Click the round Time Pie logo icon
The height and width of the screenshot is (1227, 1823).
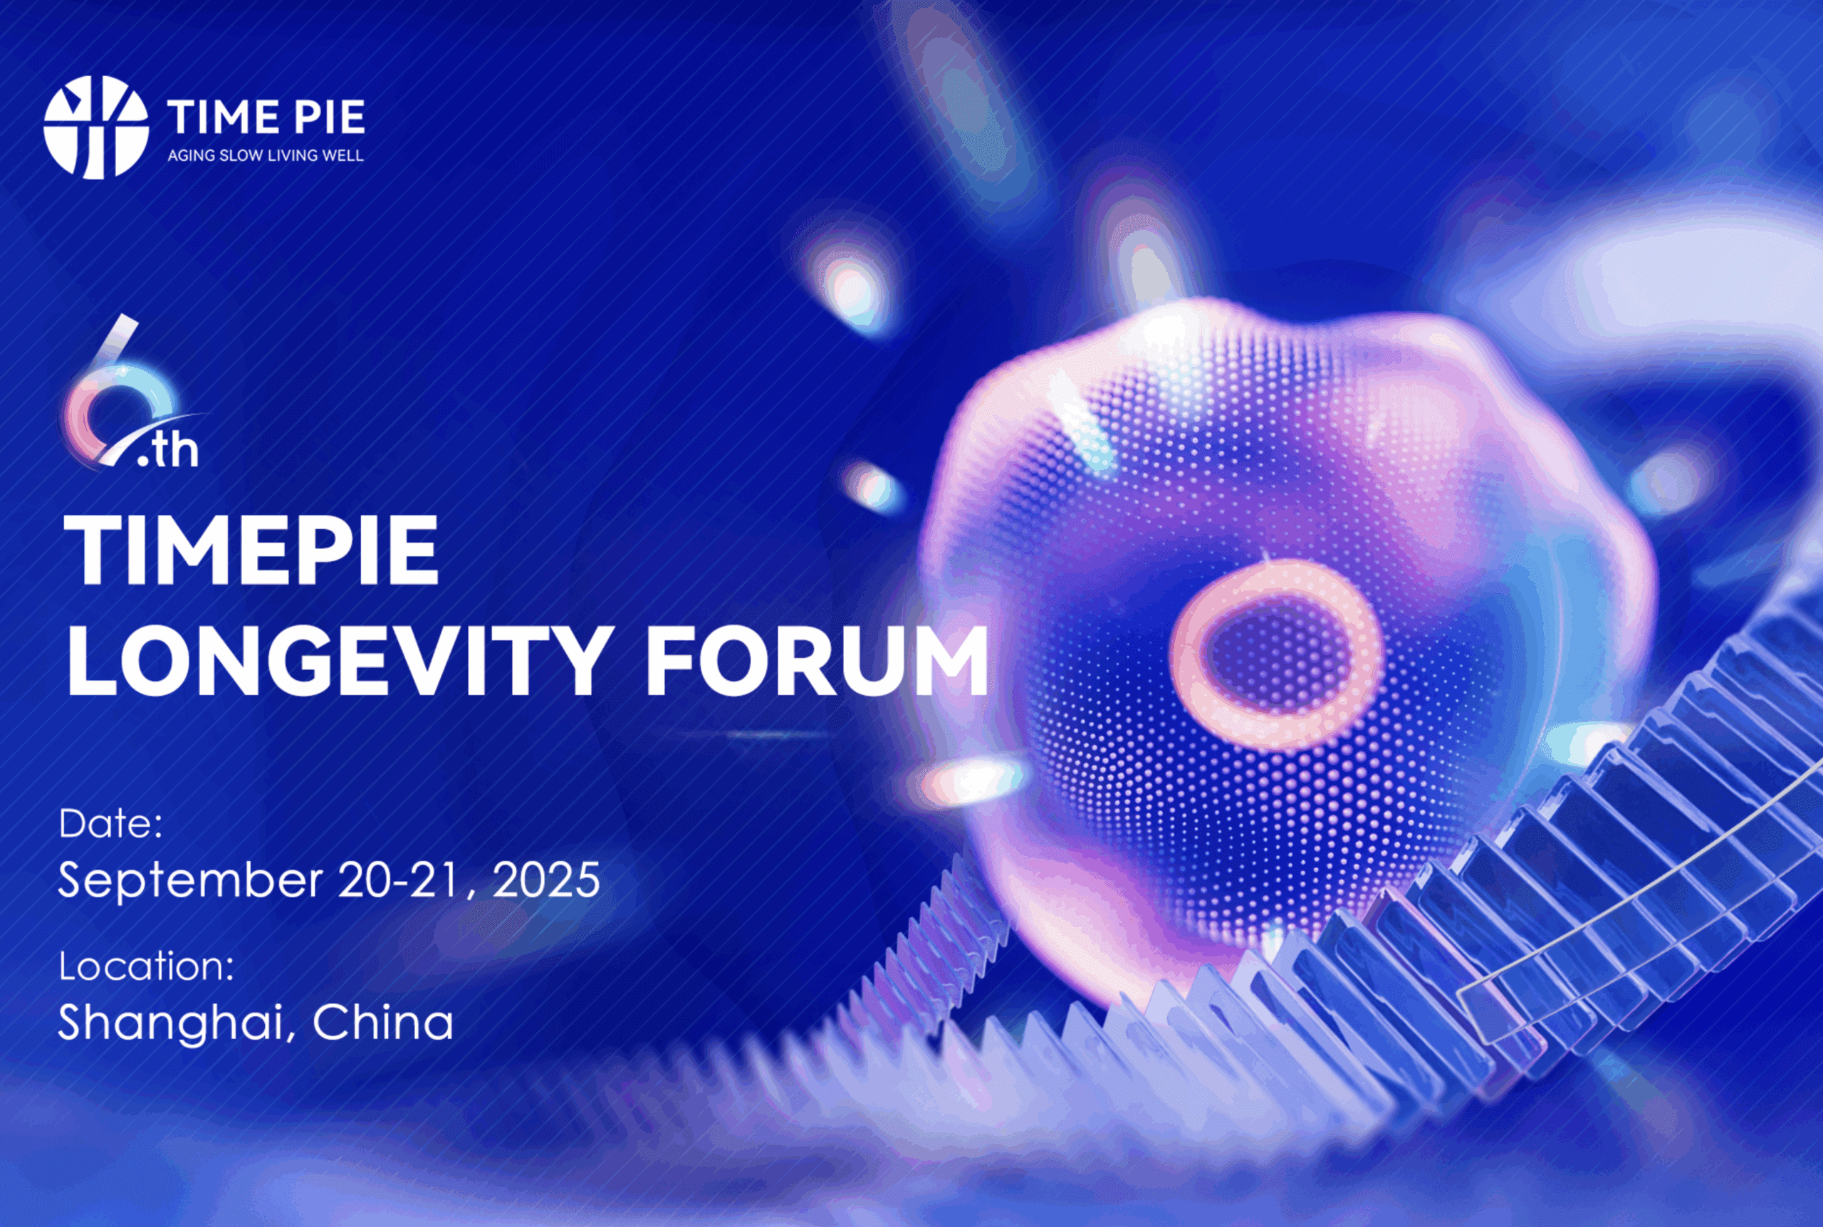click(x=95, y=127)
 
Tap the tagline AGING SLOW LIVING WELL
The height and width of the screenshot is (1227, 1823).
click(x=265, y=156)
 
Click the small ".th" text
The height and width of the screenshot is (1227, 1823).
click(x=167, y=451)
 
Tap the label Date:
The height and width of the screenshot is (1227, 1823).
click(x=110, y=824)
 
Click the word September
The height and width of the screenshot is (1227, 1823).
click(x=190, y=879)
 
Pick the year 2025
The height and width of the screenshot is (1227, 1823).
click(x=546, y=879)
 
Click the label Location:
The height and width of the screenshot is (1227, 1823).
click(x=146, y=966)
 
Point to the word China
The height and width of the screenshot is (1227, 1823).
click(x=383, y=1022)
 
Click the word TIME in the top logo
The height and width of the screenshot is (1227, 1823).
click(x=223, y=118)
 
